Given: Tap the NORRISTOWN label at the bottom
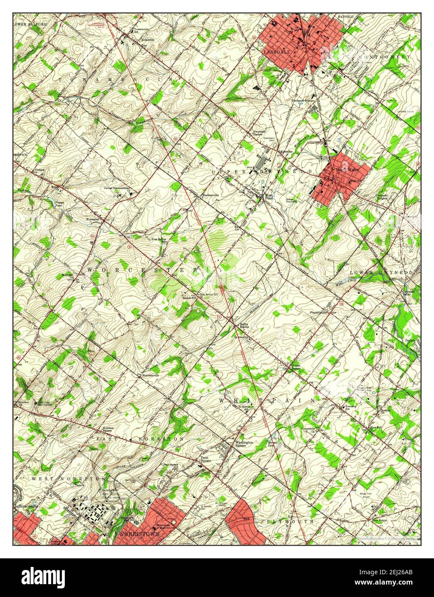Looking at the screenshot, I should [140, 533].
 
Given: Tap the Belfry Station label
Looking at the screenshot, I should [244, 326].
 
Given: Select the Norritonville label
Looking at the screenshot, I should [151, 375].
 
